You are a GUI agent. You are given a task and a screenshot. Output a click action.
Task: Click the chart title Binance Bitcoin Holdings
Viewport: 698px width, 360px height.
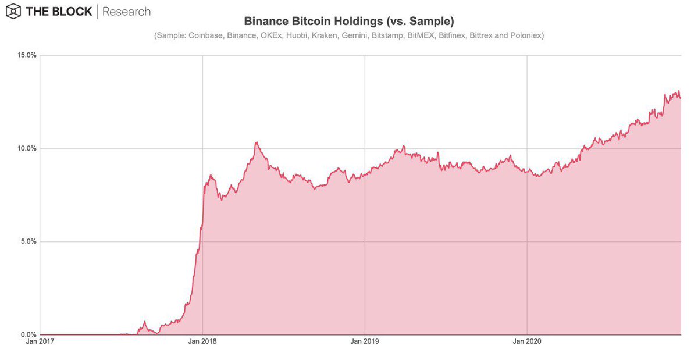[x=348, y=21]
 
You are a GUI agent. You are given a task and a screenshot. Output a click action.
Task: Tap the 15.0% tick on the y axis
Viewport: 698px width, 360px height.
[x=27, y=56]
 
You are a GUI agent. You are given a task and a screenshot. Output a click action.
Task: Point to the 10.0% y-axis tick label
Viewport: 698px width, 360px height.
[x=27, y=149]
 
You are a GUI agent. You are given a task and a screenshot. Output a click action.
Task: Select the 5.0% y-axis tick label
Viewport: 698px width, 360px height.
[x=28, y=242]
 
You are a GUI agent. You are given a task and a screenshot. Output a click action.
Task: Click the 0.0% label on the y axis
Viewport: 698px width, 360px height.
[x=28, y=335]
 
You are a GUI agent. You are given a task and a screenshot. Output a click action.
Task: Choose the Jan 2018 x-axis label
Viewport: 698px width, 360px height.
[x=202, y=343]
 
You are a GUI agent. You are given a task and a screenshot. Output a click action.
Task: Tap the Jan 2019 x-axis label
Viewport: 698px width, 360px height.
[x=365, y=343]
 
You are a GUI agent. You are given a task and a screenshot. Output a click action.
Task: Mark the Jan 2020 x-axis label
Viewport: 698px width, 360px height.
[x=527, y=343]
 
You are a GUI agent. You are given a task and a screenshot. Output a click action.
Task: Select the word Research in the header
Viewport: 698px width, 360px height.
[x=126, y=12]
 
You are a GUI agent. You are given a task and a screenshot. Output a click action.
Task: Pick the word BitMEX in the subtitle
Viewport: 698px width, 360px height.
[x=416, y=36]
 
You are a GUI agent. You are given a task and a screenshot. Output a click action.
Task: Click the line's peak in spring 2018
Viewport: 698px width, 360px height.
[x=256, y=142]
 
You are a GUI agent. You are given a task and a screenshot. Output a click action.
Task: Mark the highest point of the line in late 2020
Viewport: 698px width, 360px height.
[x=678, y=91]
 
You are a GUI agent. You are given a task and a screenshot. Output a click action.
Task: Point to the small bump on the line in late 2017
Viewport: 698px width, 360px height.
[x=145, y=322]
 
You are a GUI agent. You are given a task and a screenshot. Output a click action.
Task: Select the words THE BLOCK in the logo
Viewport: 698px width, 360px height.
[x=58, y=12]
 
